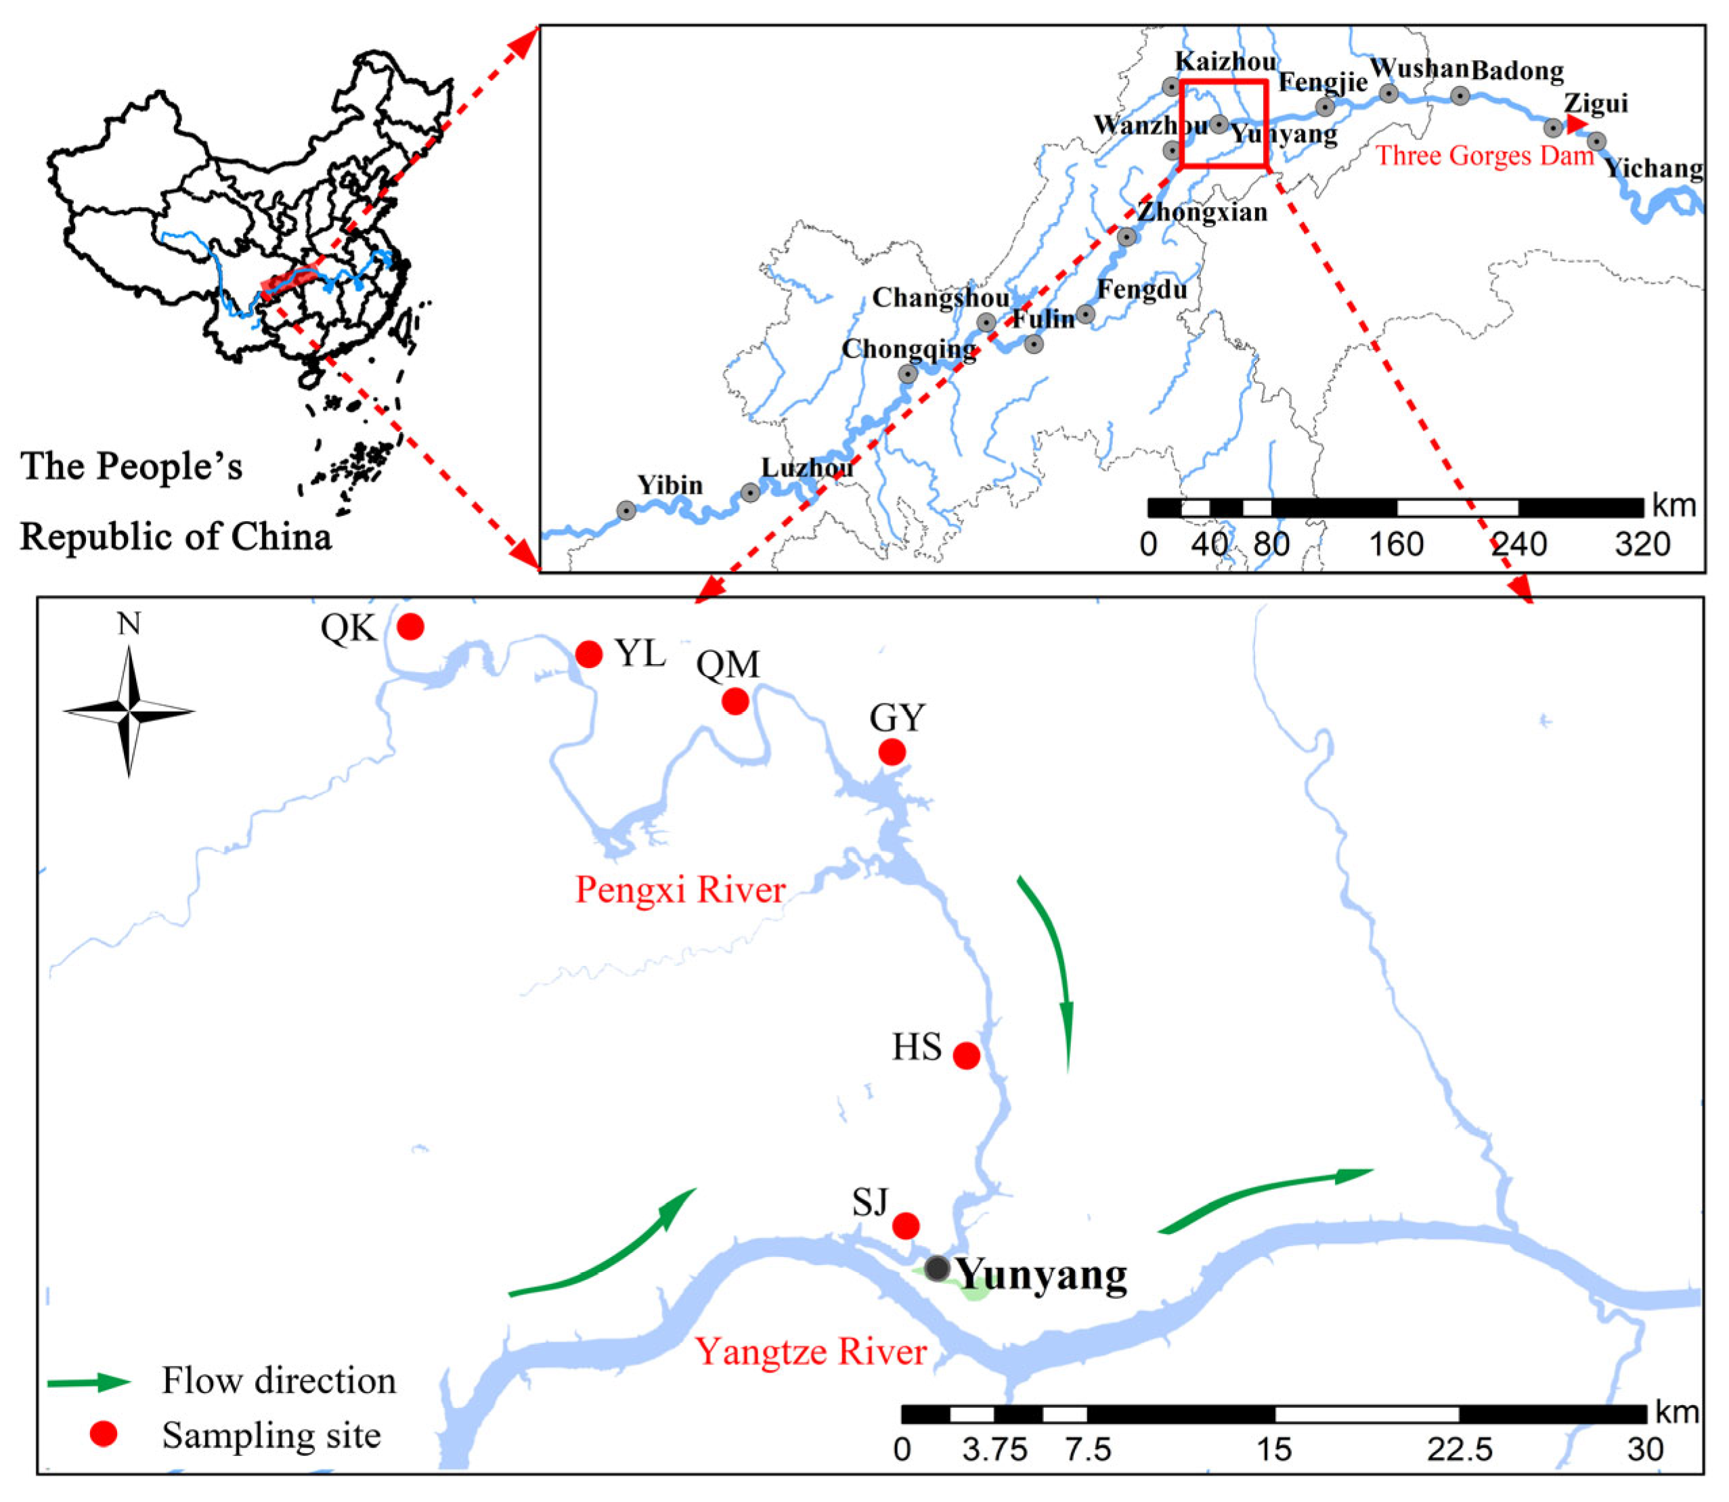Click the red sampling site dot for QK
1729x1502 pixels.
click(x=410, y=626)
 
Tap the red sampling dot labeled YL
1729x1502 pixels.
click(x=589, y=654)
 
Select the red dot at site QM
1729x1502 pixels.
click(x=735, y=701)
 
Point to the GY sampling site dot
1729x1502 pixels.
click(x=892, y=752)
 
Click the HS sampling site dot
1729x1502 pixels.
click(x=966, y=1055)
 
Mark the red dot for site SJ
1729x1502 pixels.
click(x=905, y=1225)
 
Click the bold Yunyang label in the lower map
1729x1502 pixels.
click(x=1042, y=1275)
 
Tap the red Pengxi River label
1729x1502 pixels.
click(x=680, y=890)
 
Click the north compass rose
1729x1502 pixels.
click(x=129, y=711)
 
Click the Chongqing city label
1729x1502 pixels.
click(x=909, y=349)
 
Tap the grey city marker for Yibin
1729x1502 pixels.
click(x=626, y=510)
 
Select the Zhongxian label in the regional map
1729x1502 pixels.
click(x=1202, y=212)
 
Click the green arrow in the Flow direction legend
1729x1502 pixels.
click(x=89, y=1382)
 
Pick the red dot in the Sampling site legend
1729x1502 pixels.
click(x=103, y=1434)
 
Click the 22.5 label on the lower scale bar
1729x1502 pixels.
click(x=1460, y=1450)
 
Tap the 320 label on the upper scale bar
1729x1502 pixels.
click(x=1642, y=545)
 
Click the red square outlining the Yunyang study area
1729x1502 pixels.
click(x=1223, y=124)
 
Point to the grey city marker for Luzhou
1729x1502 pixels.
click(x=750, y=493)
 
